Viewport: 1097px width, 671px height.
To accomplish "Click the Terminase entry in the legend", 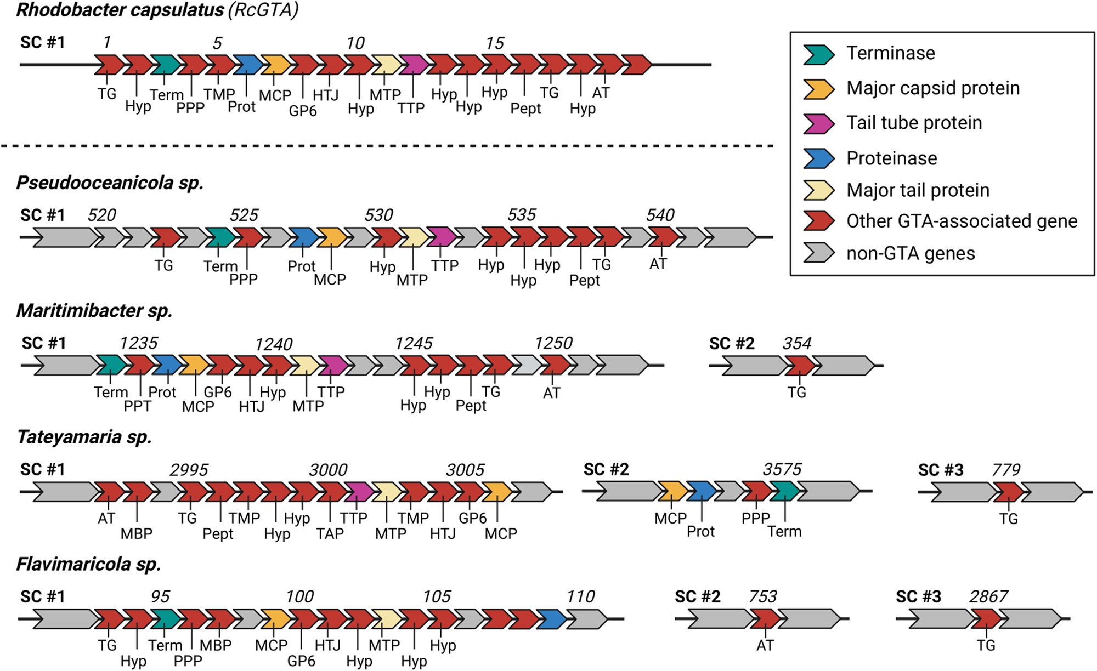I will (890, 53).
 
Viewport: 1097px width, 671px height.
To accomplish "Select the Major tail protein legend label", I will (918, 190).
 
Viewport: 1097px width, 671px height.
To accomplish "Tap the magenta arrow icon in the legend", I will (818, 123).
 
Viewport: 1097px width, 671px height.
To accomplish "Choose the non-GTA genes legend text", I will (911, 253).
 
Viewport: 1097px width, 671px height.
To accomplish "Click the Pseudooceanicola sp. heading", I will (110, 183).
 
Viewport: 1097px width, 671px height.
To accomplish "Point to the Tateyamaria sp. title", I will (84, 437).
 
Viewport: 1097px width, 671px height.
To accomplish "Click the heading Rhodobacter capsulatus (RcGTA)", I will (157, 10).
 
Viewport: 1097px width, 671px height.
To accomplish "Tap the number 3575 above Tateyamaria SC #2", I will (782, 469).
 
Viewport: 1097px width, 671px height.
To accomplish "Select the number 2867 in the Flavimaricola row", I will (988, 596).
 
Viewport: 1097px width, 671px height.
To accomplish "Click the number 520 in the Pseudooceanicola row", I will (101, 215).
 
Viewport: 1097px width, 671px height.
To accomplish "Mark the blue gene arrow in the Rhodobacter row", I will (248, 65).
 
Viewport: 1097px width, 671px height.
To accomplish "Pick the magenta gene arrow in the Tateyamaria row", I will (359, 492).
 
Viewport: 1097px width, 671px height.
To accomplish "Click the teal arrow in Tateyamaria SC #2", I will (784, 491).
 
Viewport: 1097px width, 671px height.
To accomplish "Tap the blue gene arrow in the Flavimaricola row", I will (551, 619).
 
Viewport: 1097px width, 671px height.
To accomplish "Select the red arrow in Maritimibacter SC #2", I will (800, 366).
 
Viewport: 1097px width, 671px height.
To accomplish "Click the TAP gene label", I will (330, 533).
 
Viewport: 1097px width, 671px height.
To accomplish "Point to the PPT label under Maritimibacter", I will (137, 406).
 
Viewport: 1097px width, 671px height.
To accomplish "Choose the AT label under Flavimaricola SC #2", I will (765, 645).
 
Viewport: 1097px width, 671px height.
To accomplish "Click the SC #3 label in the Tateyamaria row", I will (941, 470).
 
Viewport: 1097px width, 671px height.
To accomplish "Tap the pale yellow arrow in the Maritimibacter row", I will (304, 366).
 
